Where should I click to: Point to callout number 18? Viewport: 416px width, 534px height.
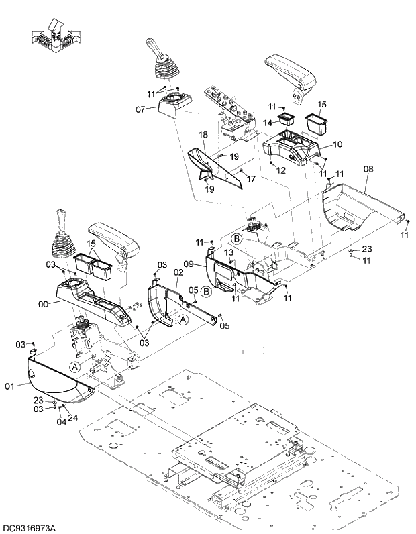203,136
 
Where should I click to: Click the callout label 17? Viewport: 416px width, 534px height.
251,179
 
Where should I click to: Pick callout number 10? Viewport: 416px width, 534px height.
337,144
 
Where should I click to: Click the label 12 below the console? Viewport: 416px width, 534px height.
280,171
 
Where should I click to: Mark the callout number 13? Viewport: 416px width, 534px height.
229,252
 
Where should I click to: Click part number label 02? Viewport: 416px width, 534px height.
178,272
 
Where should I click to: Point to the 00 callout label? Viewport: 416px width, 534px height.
44,304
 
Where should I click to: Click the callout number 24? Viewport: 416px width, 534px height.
72,417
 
